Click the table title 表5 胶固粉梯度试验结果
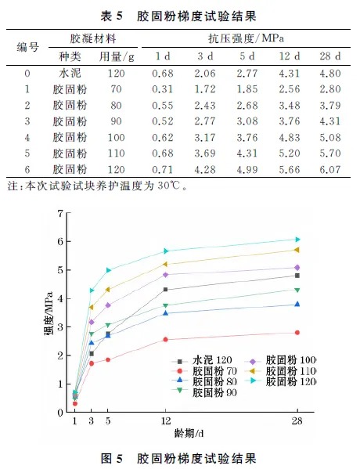pos(179,15)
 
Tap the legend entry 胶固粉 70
pos(202,370)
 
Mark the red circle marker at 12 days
pos(165,339)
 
